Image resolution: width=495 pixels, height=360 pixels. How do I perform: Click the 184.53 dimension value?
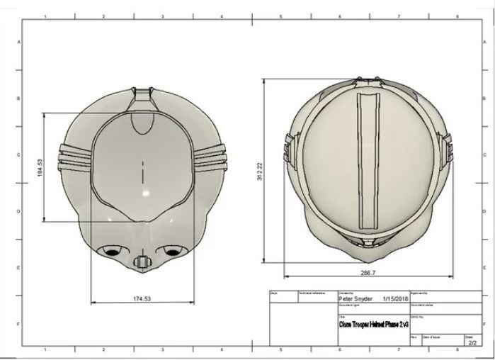(40, 167)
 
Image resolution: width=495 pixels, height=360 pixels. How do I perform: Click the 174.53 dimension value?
(142, 298)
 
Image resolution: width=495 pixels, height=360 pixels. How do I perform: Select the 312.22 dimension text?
(259, 171)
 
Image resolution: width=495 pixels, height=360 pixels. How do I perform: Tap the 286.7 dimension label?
(368, 272)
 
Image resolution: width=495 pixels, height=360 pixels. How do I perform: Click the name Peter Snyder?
(356, 299)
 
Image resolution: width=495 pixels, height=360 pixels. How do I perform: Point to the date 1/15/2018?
(395, 299)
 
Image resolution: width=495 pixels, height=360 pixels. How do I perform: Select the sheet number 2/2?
(472, 343)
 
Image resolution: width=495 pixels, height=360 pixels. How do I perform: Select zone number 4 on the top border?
(222, 16)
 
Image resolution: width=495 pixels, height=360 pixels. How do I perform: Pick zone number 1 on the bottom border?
(45, 349)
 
